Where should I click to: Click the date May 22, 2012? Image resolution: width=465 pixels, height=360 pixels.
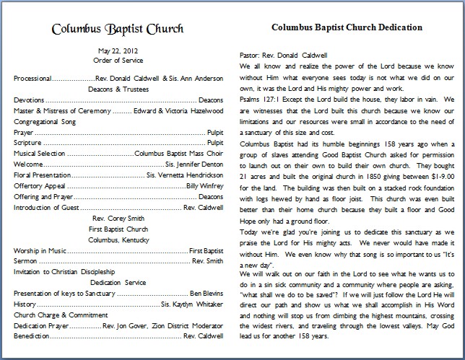coord(118,51)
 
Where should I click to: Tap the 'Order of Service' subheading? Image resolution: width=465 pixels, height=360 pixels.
coord(118,61)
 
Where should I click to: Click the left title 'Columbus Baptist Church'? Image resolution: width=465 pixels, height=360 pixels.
coord(118,30)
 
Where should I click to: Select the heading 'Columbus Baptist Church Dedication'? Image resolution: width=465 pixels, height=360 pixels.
coord(346,28)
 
